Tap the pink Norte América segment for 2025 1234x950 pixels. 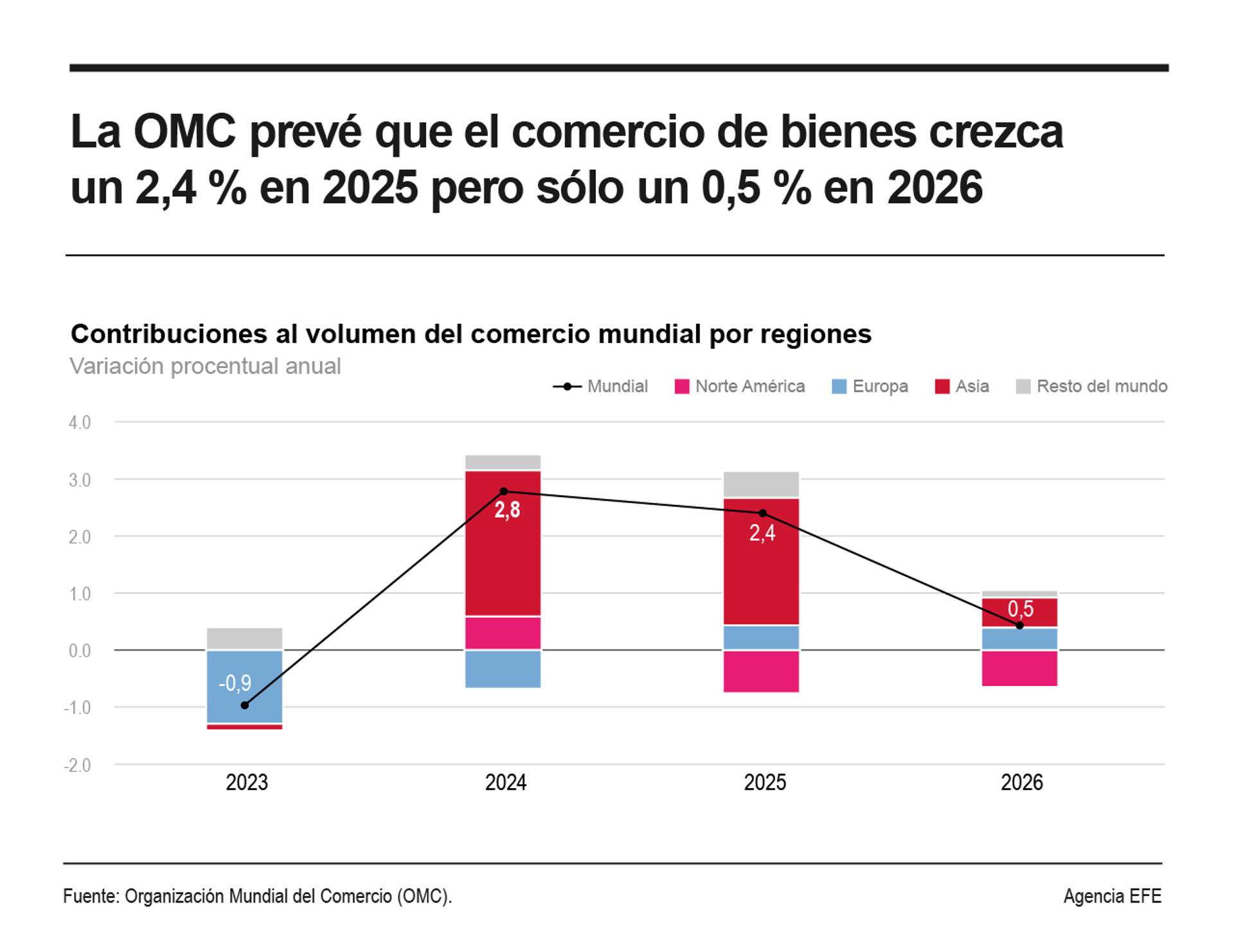(x=762, y=671)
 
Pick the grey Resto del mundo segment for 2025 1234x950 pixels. (x=762, y=484)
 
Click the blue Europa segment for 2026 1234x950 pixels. (x=1019, y=638)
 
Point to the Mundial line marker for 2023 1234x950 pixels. (x=245, y=705)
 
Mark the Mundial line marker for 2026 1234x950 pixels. (x=1019, y=625)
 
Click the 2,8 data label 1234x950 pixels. (x=507, y=510)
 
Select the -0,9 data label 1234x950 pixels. (x=235, y=683)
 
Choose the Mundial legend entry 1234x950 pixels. (x=601, y=386)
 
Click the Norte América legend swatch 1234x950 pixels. (x=682, y=387)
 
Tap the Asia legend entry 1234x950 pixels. (x=962, y=386)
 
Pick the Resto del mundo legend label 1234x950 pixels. (x=1102, y=386)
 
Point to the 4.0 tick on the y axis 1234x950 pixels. (x=80, y=423)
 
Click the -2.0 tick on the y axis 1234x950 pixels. (x=78, y=765)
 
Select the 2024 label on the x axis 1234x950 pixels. (x=506, y=782)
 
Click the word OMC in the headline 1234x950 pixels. (x=184, y=132)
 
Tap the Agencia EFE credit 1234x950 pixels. (x=1112, y=896)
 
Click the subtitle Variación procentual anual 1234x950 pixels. (x=205, y=366)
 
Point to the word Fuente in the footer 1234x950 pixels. (x=90, y=896)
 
